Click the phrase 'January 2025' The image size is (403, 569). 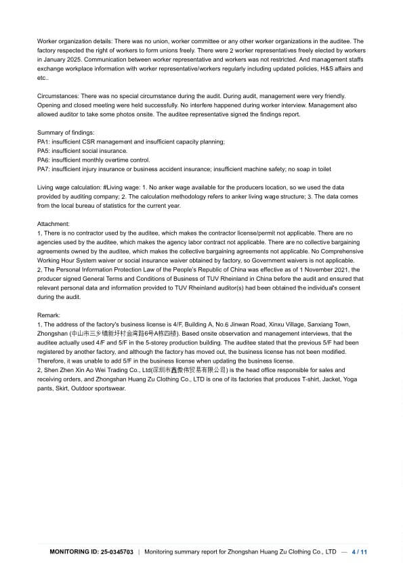point(59,60)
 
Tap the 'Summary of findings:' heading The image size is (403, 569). point(66,132)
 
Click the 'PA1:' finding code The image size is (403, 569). point(44,141)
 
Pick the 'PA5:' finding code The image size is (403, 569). point(44,151)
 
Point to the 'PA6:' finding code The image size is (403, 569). point(44,160)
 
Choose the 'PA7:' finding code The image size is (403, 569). point(44,169)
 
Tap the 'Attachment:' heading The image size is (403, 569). point(54,223)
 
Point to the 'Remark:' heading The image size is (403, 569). point(49,315)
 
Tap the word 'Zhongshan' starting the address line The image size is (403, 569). point(53,334)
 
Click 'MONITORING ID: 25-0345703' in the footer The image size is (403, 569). point(91,552)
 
